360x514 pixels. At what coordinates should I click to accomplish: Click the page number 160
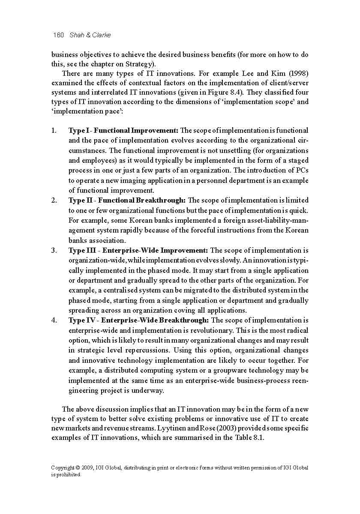(x=58, y=35)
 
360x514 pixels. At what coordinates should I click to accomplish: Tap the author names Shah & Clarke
(x=90, y=35)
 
